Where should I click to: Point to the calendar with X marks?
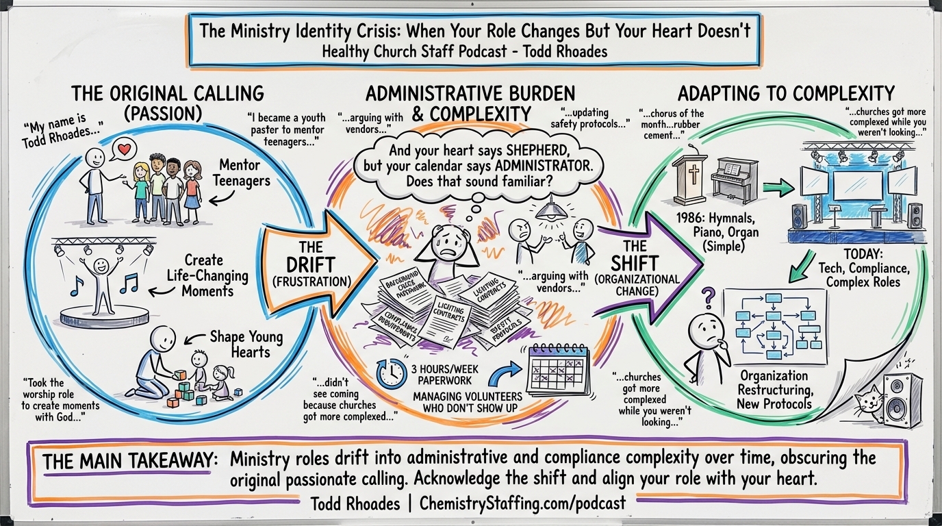pos(558,369)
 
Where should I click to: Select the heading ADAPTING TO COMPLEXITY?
pos(786,93)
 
